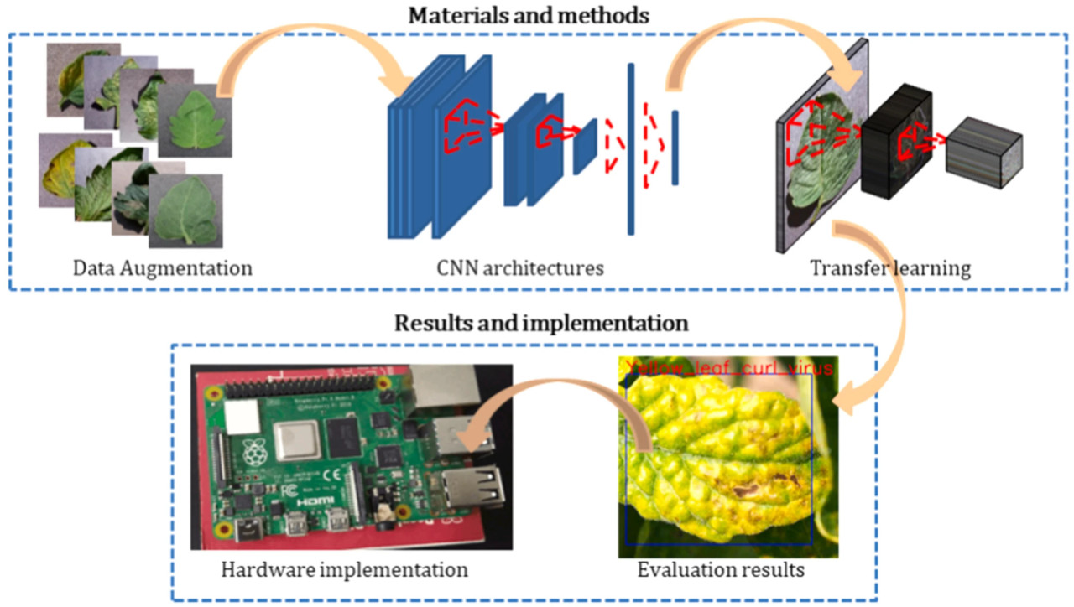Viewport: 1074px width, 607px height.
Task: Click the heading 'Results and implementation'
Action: [x=541, y=323]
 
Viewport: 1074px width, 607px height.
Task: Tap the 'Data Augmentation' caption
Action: [x=163, y=269]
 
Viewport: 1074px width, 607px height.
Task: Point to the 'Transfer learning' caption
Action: [x=890, y=269]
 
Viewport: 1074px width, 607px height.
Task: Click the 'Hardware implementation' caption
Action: [x=344, y=570]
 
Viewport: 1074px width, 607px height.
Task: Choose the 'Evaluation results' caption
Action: [x=721, y=570]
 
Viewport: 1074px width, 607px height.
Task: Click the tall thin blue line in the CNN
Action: [x=630, y=149]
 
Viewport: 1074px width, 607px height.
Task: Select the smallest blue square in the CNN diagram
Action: [x=585, y=146]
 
